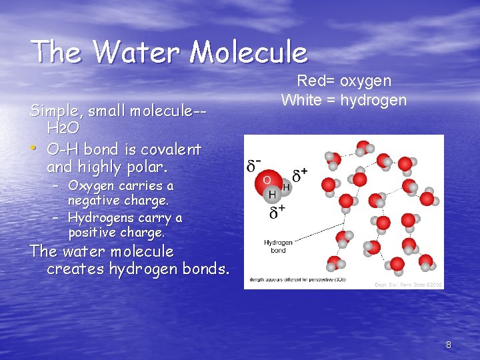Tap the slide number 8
point(448,345)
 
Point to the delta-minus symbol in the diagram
point(255,165)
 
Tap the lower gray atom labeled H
point(272,195)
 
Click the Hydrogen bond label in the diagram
point(278,247)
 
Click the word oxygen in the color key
point(366,81)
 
